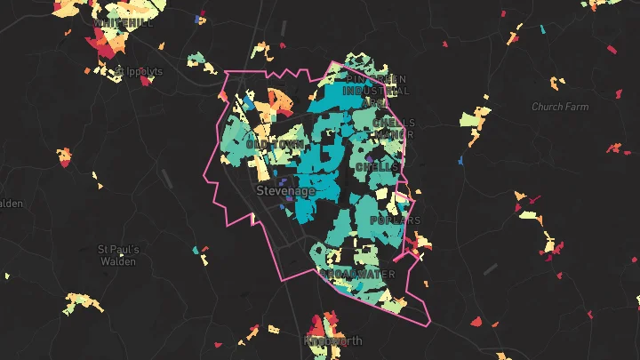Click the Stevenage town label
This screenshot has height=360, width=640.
pyautogui.click(x=286, y=191)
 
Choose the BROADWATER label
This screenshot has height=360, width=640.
pyautogui.click(x=360, y=273)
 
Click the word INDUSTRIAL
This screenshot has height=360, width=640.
pyautogui.click(x=376, y=91)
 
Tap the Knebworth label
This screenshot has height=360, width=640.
pyautogui.click(x=333, y=340)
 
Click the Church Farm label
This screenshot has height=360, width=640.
pyautogui.click(x=560, y=107)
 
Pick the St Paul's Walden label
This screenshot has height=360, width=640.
pyautogui.click(x=118, y=255)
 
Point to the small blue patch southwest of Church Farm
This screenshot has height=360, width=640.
pyautogui.click(x=460, y=161)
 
